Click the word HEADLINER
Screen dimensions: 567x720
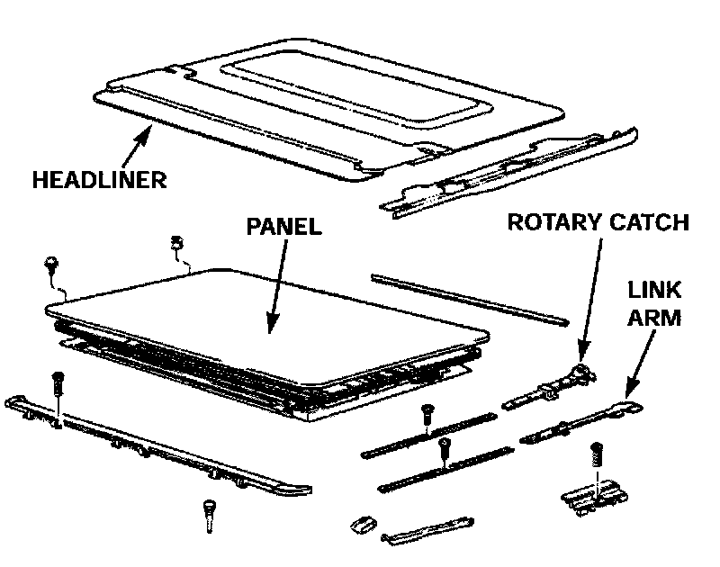[100, 179]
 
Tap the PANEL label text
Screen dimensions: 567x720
[283, 226]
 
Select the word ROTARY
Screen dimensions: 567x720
[550, 221]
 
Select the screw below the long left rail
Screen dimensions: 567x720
[209, 516]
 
